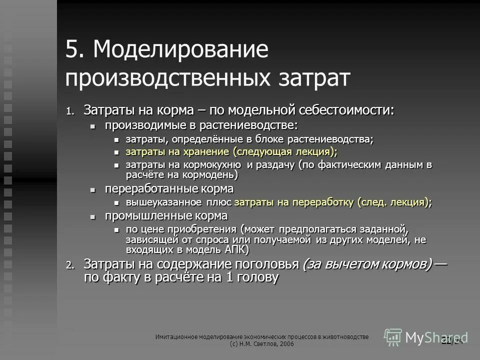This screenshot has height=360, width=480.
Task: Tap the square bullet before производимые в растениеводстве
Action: point(92,126)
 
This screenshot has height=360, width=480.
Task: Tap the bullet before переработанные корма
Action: point(92,189)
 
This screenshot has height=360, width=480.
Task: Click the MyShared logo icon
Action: point(393,336)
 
